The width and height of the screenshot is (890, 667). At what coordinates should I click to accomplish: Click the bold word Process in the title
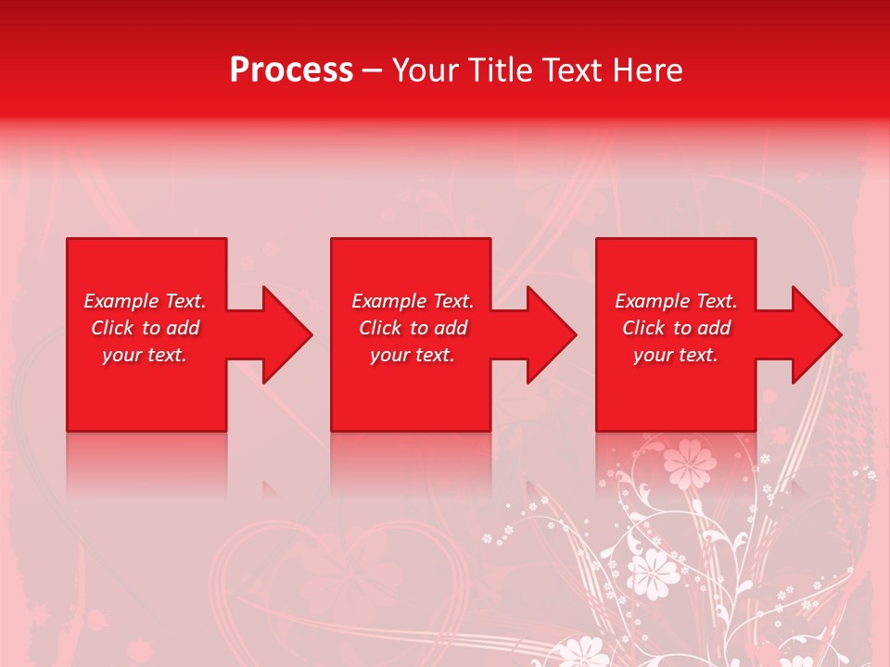pos(291,70)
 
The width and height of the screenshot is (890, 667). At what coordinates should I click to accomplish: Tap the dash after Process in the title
pos(372,71)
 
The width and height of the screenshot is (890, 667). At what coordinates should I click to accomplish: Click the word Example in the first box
pos(121,301)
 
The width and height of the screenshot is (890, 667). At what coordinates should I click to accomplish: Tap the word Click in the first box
pos(113,328)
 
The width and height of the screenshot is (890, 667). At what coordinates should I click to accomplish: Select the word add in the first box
pos(183,328)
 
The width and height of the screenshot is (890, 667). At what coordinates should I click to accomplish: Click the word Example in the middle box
pos(388,301)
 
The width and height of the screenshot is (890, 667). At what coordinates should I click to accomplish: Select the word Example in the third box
pos(652,301)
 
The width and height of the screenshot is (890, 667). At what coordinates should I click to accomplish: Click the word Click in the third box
pos(644,328)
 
